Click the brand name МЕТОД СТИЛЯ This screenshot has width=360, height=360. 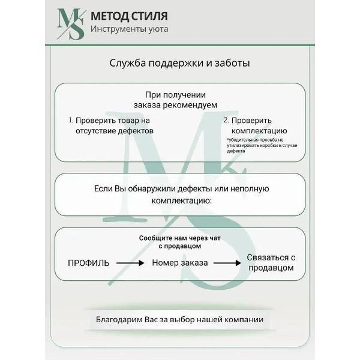(x=129, y=16)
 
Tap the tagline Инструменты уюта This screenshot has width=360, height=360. (x=129, y=29)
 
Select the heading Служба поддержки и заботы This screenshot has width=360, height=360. (x=180, y=63)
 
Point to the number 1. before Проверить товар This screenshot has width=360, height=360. (x=70, y=120)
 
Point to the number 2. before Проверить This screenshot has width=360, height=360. (x=226, y=120)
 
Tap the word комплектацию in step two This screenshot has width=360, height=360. (x=259, y=130)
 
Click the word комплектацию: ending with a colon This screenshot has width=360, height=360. (x=181, y=200)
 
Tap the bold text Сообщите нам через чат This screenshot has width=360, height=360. (x=180, y=238)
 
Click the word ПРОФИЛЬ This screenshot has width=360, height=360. (x=88, y=263)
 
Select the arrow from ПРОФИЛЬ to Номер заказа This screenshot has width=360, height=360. (x=130, y=263)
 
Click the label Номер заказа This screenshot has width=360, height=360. (x=180, y=263)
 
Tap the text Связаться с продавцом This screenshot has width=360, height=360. (x=271, y=262)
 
